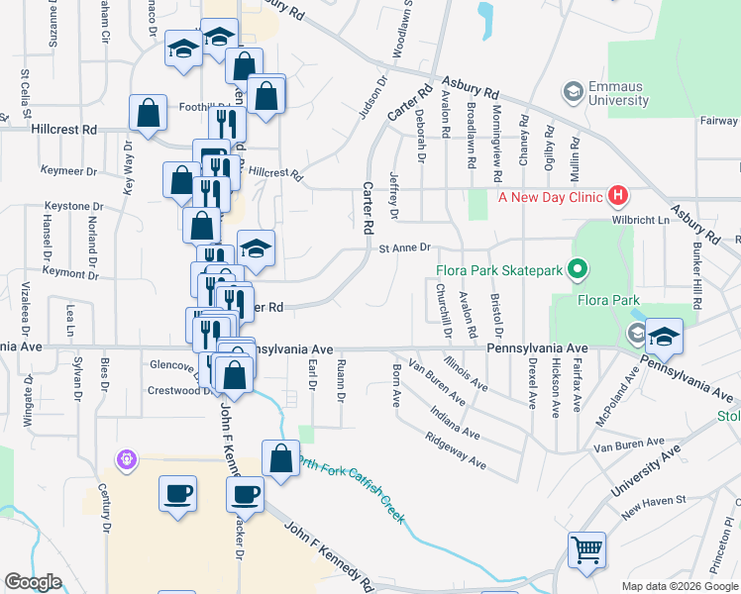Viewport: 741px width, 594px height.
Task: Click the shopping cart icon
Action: click(586, 549)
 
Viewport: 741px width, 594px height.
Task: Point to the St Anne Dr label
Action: click(406, 248)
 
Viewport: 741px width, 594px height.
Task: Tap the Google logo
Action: click(33, 582)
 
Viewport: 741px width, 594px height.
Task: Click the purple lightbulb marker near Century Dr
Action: click(126, 459)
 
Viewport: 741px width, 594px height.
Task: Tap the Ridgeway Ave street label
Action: click(455, 449)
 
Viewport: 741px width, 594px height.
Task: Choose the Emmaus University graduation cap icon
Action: click(573, 92)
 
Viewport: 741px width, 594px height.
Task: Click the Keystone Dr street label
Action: click(73, 206)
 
